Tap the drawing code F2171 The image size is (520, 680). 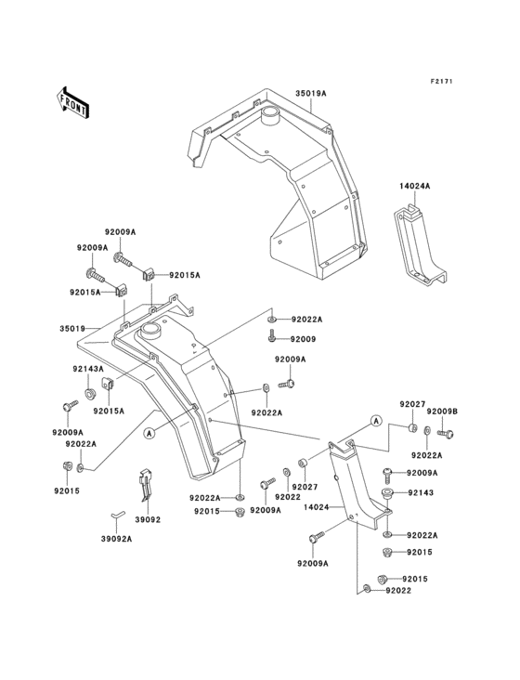point(441,83)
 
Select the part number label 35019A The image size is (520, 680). point(312,94)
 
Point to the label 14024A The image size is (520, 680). point(414,186)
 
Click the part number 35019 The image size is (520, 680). point(73,329)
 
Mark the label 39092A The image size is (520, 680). point(117,538)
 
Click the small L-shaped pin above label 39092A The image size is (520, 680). point(115,513)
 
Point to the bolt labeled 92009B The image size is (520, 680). point(446,432)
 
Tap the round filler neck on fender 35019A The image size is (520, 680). point(272,117)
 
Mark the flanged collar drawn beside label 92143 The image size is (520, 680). point(389,492)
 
